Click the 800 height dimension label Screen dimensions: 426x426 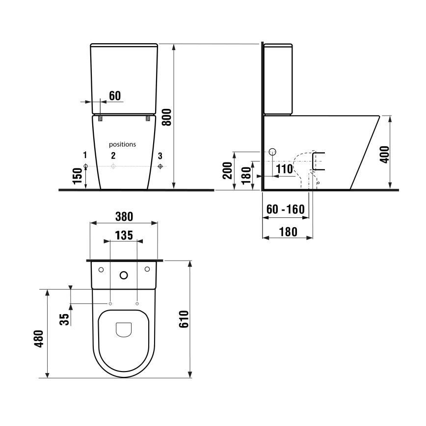[167, 118]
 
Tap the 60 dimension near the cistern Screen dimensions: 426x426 [114, 96]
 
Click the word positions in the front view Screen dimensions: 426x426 [122, 144]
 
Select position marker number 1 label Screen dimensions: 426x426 [85, 156]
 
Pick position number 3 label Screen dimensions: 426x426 [160, 156]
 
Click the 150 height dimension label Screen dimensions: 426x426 [77, 176]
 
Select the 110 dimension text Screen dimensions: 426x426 [284, 169]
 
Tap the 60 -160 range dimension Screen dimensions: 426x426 [285, 210]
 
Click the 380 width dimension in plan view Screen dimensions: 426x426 [124, 216]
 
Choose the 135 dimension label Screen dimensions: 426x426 [124, 235]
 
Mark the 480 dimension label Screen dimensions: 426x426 [39, 339]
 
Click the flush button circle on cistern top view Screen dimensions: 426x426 [124, 275]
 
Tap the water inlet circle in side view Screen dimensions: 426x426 [273, 152]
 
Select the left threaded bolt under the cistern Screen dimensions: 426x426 [100, 118]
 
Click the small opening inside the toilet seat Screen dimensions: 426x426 [124, 330]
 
